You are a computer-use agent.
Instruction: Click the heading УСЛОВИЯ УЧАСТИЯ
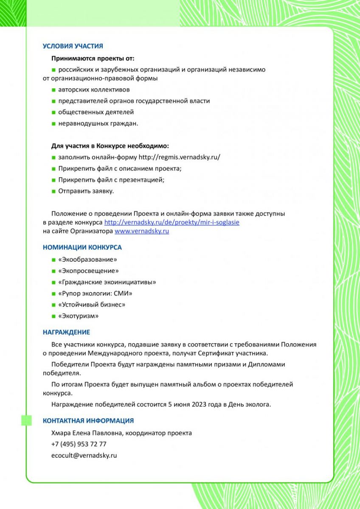coord(73,46)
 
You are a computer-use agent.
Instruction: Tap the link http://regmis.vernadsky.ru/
coord(179,157)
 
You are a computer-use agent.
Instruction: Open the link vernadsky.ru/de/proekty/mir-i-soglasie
coord(172,222)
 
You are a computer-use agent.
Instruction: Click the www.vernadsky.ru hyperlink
coord(142,231)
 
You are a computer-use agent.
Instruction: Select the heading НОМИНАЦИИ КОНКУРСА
coord(82,247)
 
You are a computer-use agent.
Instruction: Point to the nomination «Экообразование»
coord(87,259)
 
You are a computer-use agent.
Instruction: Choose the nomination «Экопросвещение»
coord(88,271)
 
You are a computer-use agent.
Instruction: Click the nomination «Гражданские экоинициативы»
coord(107,282)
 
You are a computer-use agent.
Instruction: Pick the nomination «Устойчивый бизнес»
coord(92,305)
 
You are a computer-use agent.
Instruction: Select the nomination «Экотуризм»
coord(79,316)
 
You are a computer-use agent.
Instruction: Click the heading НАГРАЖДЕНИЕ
coord(66,333)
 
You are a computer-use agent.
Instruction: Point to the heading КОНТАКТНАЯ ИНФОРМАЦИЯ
coord(88,421)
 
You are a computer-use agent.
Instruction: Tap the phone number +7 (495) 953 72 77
coord(79,444)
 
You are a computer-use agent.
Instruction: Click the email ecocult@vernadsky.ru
coord(84,456)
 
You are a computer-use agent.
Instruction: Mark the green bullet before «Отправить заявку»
coord(54,191)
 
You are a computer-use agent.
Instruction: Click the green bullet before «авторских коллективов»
coord(54,90)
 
